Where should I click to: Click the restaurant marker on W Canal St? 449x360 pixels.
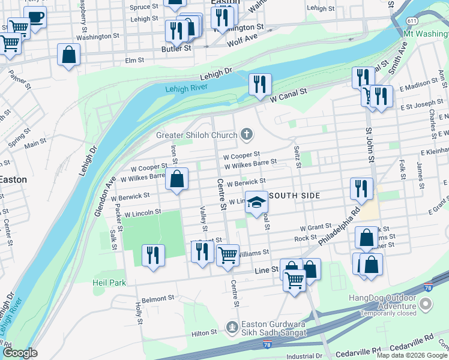(259, 83)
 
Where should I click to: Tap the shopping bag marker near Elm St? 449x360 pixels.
(69, 55)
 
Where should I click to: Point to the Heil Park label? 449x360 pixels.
(109, 283)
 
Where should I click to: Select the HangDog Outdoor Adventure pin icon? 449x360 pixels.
(426, 304)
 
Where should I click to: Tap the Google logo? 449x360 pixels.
(20, 353)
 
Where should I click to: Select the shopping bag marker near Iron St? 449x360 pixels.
(177, 179)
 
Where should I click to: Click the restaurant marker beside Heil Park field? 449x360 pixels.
(153, 255)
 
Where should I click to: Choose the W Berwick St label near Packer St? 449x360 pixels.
(130, 196)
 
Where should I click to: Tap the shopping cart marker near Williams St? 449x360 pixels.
(228, 256)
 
